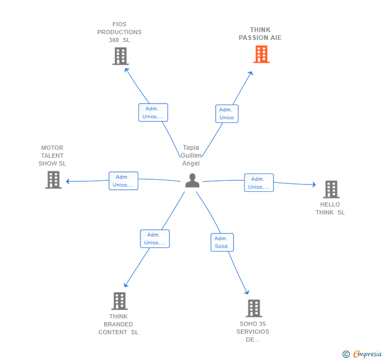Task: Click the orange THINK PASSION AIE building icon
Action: (x=261, y=54)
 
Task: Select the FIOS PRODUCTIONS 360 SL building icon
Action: (x=120, y=56)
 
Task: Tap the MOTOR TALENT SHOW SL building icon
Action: (x=53, y=180)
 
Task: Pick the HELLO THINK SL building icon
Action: (x=330, y=189)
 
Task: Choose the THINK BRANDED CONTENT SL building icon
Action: (x=119, y=301)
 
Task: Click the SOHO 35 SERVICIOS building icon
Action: (x=254, y=308)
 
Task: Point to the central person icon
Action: (x=192, y=180)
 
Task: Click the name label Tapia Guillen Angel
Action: (x=191, y=156)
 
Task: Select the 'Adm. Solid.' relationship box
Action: (x=222, y=242)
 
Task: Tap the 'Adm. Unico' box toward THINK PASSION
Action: (x=227, y=114)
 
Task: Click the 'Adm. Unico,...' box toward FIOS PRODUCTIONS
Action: (x=153, y=112)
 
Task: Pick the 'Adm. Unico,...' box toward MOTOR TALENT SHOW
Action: (x=123, y=181)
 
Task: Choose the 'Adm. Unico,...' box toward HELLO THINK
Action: (x=259, y=183)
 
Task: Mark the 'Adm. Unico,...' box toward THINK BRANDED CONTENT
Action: (x=155, y=239)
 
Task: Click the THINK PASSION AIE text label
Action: (x=260, y=34)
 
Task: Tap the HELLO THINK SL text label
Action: (x=330, y=209)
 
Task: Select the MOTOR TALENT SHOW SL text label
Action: (x=52, y=156)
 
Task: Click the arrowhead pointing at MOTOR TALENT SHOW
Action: (x=67, y=181)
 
